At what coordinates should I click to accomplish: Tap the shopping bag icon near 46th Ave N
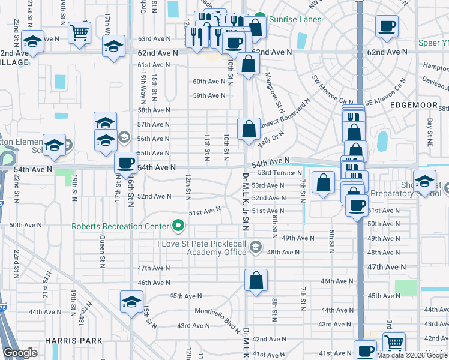[256, 280]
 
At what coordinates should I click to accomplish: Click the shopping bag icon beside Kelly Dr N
[249, 128]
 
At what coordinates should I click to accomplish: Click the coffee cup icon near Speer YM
[387, 26]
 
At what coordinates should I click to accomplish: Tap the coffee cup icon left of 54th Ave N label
[126, 163]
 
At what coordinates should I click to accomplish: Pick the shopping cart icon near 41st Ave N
[394, 343]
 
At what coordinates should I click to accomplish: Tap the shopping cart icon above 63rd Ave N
[79, 32]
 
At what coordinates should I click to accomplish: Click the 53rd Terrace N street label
[280, 173]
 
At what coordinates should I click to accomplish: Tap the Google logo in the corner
[20, 353]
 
